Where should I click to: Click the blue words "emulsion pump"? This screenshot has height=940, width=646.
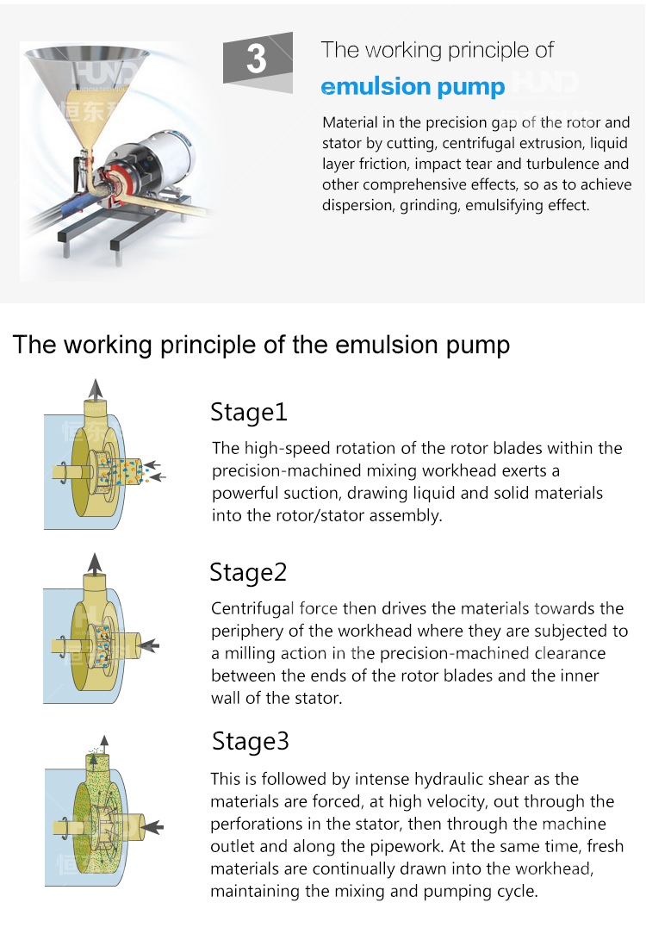coord(413,87)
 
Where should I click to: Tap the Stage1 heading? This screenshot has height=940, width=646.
coord(249,413)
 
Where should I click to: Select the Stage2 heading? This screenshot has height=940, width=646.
coord(248,573)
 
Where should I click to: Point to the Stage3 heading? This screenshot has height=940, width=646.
coord(251,742)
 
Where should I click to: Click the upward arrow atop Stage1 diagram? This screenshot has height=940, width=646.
coord(95,389)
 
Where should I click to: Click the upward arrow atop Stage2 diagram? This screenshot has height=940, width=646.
coord(95,563)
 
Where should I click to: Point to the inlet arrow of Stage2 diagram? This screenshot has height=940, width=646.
coord(150,645)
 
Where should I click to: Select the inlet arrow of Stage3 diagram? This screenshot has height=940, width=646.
coord(154,826)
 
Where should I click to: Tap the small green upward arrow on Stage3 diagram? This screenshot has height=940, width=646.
coord(104,744)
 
